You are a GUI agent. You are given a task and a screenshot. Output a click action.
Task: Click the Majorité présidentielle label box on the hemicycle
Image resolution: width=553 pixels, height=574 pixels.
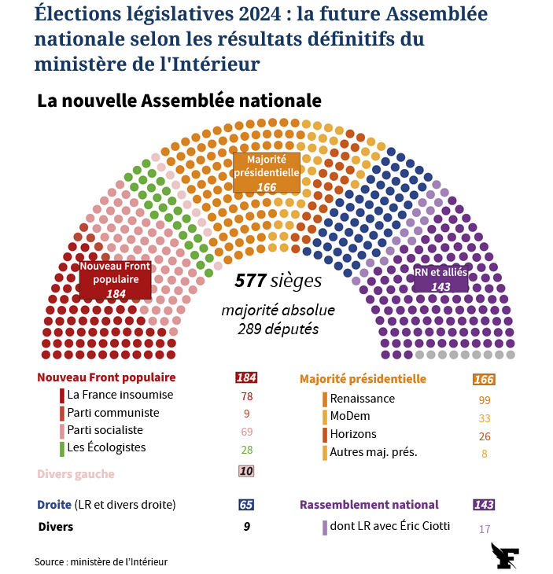pos(267,173)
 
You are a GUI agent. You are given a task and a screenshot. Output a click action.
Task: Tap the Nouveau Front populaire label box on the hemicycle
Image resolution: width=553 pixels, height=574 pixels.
pos(116,280)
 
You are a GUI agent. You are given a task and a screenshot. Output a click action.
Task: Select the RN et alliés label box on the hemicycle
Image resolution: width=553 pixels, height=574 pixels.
pos(441,279)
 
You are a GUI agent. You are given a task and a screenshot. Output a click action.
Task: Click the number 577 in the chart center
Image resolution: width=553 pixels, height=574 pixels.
pos(249,281)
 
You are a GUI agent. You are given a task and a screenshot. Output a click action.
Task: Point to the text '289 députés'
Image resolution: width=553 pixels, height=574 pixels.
pos(278,329)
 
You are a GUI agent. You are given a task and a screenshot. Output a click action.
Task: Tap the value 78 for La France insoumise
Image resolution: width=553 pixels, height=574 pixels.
pos(246,396)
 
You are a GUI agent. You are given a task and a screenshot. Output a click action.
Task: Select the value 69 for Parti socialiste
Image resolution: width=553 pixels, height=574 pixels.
pos(246,432)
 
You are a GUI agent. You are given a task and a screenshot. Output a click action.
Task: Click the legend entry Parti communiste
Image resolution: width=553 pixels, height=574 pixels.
pos(112,413)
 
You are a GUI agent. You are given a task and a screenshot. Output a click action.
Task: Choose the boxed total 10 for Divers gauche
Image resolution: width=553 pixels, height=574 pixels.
pos(246,472)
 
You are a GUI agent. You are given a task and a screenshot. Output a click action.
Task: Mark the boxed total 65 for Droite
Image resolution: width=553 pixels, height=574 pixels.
pos(246,505)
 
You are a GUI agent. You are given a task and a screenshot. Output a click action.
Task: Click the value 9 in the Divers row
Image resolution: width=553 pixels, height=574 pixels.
pos(246,527)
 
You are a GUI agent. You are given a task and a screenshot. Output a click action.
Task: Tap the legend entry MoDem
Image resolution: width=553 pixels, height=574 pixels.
pos(350,417)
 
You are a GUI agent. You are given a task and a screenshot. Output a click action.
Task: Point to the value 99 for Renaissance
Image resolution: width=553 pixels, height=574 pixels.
pos(484,399)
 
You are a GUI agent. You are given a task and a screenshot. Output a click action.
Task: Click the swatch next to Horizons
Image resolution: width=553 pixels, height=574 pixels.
pos(323,435)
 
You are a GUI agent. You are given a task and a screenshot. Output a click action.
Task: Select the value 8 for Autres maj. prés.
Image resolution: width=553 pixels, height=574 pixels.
pos(484,452)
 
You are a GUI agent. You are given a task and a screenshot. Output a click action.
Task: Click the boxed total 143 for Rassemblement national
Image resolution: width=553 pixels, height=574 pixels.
pos(483,505)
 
